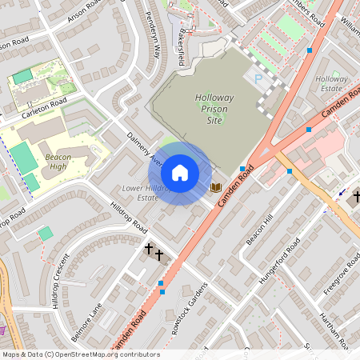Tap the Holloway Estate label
tap(331, 84)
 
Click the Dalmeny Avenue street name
tap(145, 150)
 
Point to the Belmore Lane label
tap(86, 319)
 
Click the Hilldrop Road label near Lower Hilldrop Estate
tap(129, 217)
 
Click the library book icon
tap(215, 186)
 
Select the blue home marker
tap(180, 172)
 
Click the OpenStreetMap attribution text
tap(80, 354)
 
